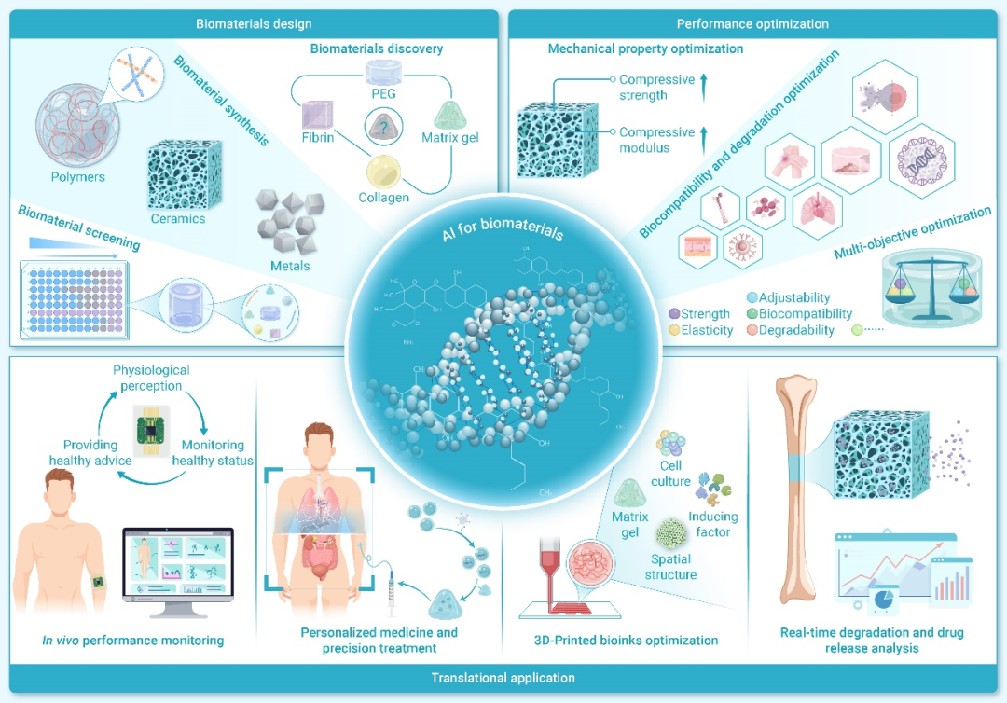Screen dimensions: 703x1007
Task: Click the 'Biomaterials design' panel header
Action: pyautogui.click(x=254, y=23)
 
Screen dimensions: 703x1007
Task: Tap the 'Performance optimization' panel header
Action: pyautogui.click(x=752, y=23)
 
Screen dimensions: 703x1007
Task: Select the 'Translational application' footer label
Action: pyautogui.click(x=503, y=678)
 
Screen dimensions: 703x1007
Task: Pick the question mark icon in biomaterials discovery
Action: pyautogui.click(x=381, y=127)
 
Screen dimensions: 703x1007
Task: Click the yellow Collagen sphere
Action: pyautogui.click(x=383, y=172)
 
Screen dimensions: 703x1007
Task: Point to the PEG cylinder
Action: pyautogui.click(x=382, y=75)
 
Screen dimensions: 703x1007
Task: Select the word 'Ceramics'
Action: pyautogui.click(x=177, y=219)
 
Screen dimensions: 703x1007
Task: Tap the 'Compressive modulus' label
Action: pyautogui.click(x=656, y=140)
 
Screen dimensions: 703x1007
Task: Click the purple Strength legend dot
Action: pyautogui.click(x=674, y=314)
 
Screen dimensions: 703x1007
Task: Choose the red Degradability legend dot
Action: pyautogui.click(x=751, y=330)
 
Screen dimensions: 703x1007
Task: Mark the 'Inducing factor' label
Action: pyautogui.click(x=712, y=524)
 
